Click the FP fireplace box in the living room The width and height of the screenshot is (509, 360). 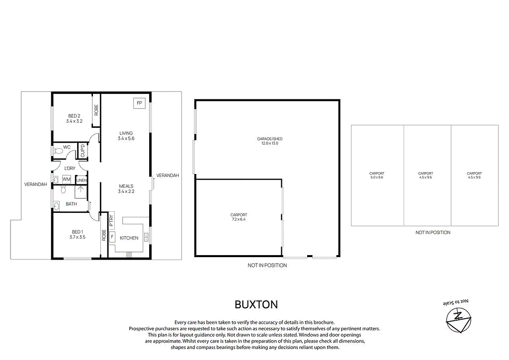pyautogui.click(x=139, y=103)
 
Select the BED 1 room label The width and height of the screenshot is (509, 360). pyautogui.click(x=78, y=232)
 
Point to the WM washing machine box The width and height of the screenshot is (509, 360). pyautogui.click(x=66, y=179)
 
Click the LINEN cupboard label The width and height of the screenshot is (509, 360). pyautogui.click(x=82, y=180)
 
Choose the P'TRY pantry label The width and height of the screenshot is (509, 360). pyautogui.click(x=111, y=220)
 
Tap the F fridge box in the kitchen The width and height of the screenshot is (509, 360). pyautogui.click(x=112, y=237)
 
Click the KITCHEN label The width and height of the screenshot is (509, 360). pyautogui.click(x=129, y=238)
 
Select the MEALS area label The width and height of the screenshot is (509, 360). pyautogui.click(x=126, y=186)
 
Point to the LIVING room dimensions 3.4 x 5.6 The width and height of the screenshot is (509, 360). pyautogui.click(x=126, y=139)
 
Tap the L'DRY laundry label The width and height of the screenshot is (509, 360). pyautogui.click(x=70, y=169)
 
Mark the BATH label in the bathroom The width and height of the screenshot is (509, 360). pyautogui.click(x=71, y=204)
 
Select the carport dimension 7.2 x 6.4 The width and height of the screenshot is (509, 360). pyautogui.click(x=238, y=219)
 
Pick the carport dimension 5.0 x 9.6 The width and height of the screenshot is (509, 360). pyautogui.click(x=377, y=178)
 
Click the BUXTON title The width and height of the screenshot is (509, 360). pyautogui.click(x=256, y=304)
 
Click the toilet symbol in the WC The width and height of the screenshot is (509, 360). pyautogui.click(x=56, y=150)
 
